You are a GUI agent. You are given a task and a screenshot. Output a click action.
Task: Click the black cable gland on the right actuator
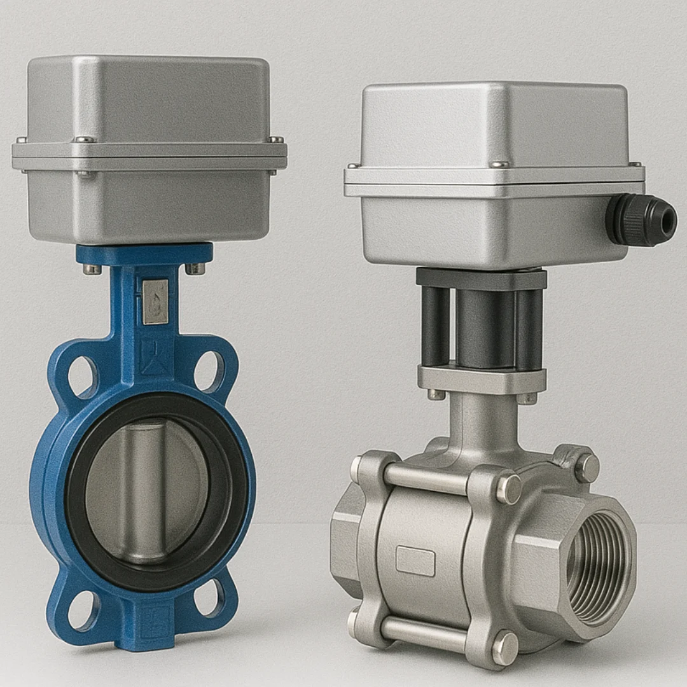pos(639,220)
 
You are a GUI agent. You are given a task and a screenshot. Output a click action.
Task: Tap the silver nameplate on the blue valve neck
pos(155,302)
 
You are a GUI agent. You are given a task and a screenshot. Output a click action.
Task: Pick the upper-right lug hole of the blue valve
pos(209,372)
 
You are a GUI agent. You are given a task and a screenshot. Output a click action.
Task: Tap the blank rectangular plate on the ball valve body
pos(415,560)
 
